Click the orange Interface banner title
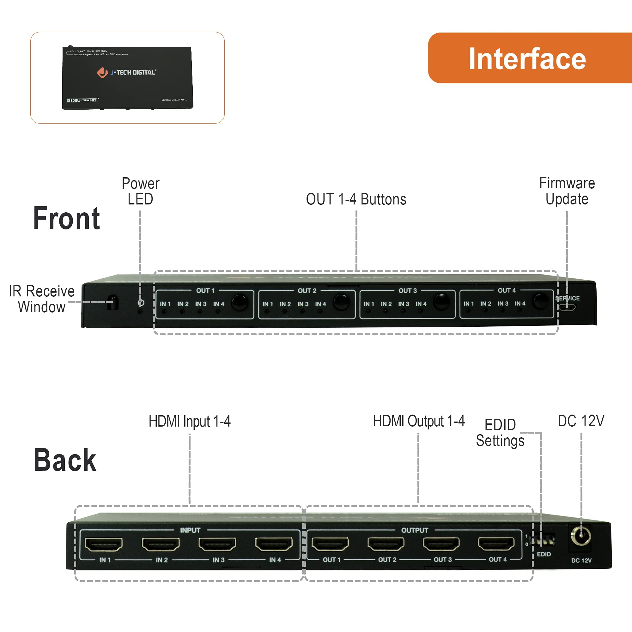pyautogui.click(x=527, y=59)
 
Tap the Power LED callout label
pyautogui.click(x=140, y=191)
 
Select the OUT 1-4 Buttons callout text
pyautogui.click(x=356, y=199)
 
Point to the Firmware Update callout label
pyautogui.click(x=567, y=191)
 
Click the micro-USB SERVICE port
pyautogui.click(x=567, y=307)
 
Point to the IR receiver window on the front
pyautogui.click(x=113, y=302)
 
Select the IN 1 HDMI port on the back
pyautogui.click(x=103, y=544)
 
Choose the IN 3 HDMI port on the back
pyautogui.click(x=217, y=544)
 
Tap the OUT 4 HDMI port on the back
pyautogui.click(x=496, y=544)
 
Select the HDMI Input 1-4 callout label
pyautogui.click(x=189, y=421)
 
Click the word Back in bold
pyautogui.click(x=65, y=460)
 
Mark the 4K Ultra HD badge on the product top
pyautogui.click(x=82, y=100)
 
